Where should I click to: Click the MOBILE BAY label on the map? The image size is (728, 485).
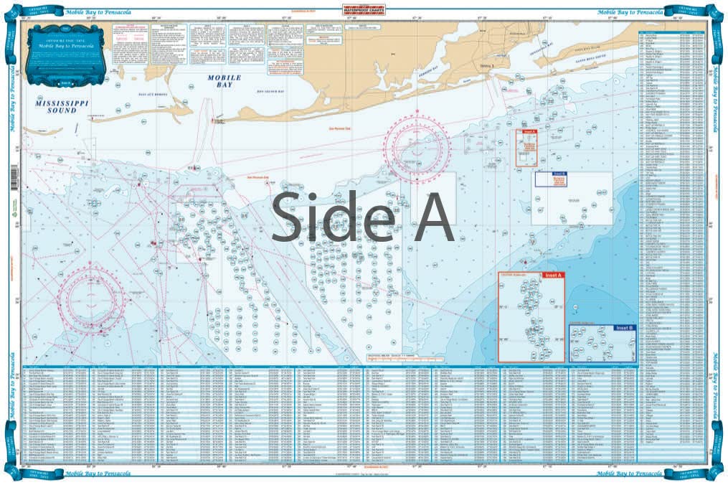(x=220, y=81)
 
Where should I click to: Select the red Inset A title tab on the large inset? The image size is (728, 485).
(x=554, y=276)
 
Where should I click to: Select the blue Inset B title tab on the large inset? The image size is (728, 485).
(x=624, y=328)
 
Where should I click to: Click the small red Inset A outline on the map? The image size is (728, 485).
(x=526, y=148)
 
